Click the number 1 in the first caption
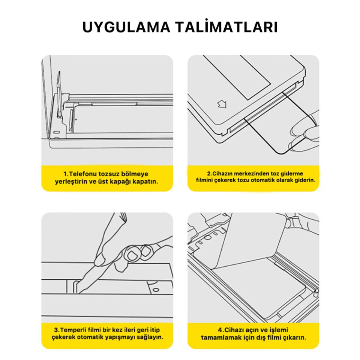pyautogui.click(x=64, y=174)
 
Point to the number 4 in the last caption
pyautogui.click(x=226, y=330)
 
